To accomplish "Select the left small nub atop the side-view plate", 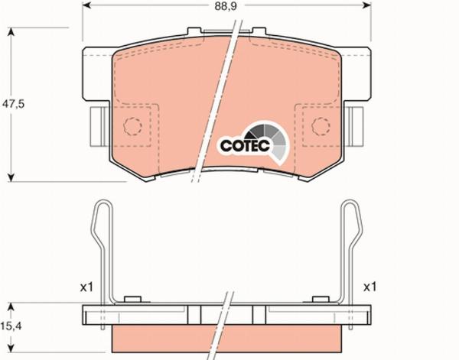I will (x=132, y=299).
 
